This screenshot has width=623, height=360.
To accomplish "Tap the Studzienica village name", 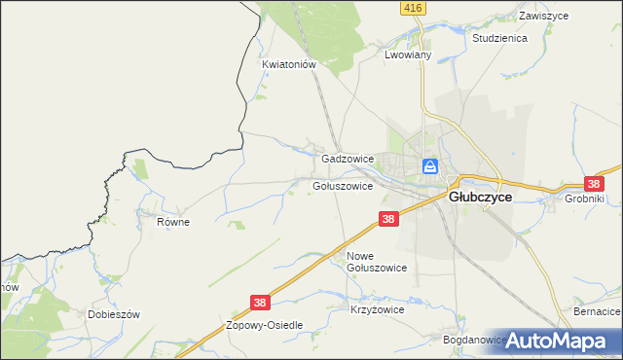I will [498, 38].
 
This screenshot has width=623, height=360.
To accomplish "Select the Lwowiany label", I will [407, 55].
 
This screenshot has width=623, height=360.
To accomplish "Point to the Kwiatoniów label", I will [290, 64].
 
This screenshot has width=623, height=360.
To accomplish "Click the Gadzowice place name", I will [348, 159].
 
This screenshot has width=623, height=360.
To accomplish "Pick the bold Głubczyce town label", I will [480, 196].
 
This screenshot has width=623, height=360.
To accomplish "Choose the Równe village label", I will [173, 222].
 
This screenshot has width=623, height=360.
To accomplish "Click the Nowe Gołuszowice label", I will [376, 261].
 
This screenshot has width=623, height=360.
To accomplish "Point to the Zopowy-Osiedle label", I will [265, 325].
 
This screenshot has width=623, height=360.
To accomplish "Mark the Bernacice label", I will [596, 311].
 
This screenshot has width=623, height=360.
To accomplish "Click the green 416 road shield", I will [411, 8].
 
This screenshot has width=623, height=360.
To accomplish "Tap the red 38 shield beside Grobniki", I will [594, 183].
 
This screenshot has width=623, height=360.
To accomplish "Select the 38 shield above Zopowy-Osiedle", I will [259, 305].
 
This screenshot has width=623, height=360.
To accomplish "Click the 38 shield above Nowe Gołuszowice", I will [388, 221].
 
